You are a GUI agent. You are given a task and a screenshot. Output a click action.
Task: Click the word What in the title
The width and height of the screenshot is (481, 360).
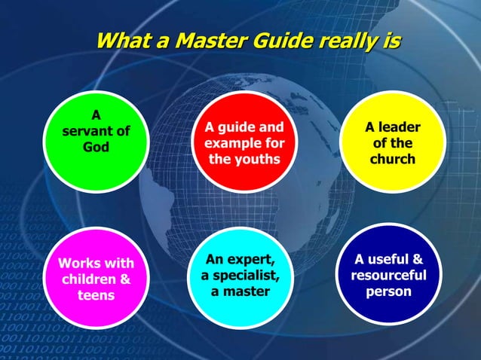[x=126, y=39]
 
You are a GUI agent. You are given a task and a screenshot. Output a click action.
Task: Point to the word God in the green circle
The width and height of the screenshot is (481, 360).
[x=96, y=147]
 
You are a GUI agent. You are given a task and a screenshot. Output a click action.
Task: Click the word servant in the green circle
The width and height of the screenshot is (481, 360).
[x=87, y=131]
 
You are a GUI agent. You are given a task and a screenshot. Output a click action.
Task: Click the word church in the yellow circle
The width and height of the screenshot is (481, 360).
[x=392, y=160]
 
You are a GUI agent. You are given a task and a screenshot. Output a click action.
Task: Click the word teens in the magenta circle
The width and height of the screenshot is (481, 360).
[x=96, y=295]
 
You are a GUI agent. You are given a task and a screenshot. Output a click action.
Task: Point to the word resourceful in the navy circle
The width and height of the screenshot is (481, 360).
[x=388, y=275]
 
